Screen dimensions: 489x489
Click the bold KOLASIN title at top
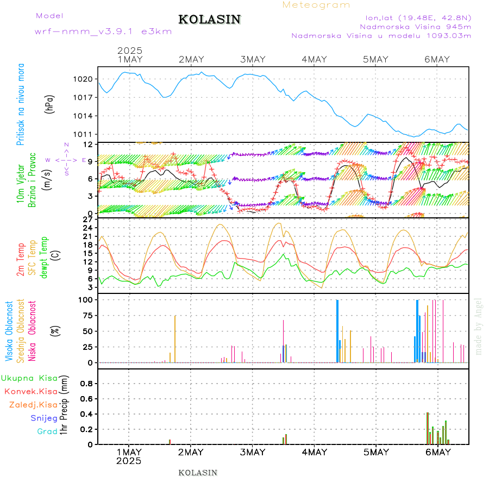click(209, 20)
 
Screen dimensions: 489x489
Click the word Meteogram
click(316, 5)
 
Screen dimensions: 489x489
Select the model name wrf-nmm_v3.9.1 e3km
click(103, 32)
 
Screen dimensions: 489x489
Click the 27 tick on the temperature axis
click(87, 220)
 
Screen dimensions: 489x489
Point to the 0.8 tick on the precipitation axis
click(86, 383)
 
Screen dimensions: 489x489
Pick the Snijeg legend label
click(44, 418)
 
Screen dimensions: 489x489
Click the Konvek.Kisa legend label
click(30, 391)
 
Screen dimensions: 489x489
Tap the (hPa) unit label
click(51, 103)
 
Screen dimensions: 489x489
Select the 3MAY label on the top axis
click(253, 59)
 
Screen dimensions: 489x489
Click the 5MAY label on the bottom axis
click(376, 452)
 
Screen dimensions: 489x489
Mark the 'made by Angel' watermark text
click(479, 326)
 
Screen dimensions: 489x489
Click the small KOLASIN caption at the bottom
click(198, 473)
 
